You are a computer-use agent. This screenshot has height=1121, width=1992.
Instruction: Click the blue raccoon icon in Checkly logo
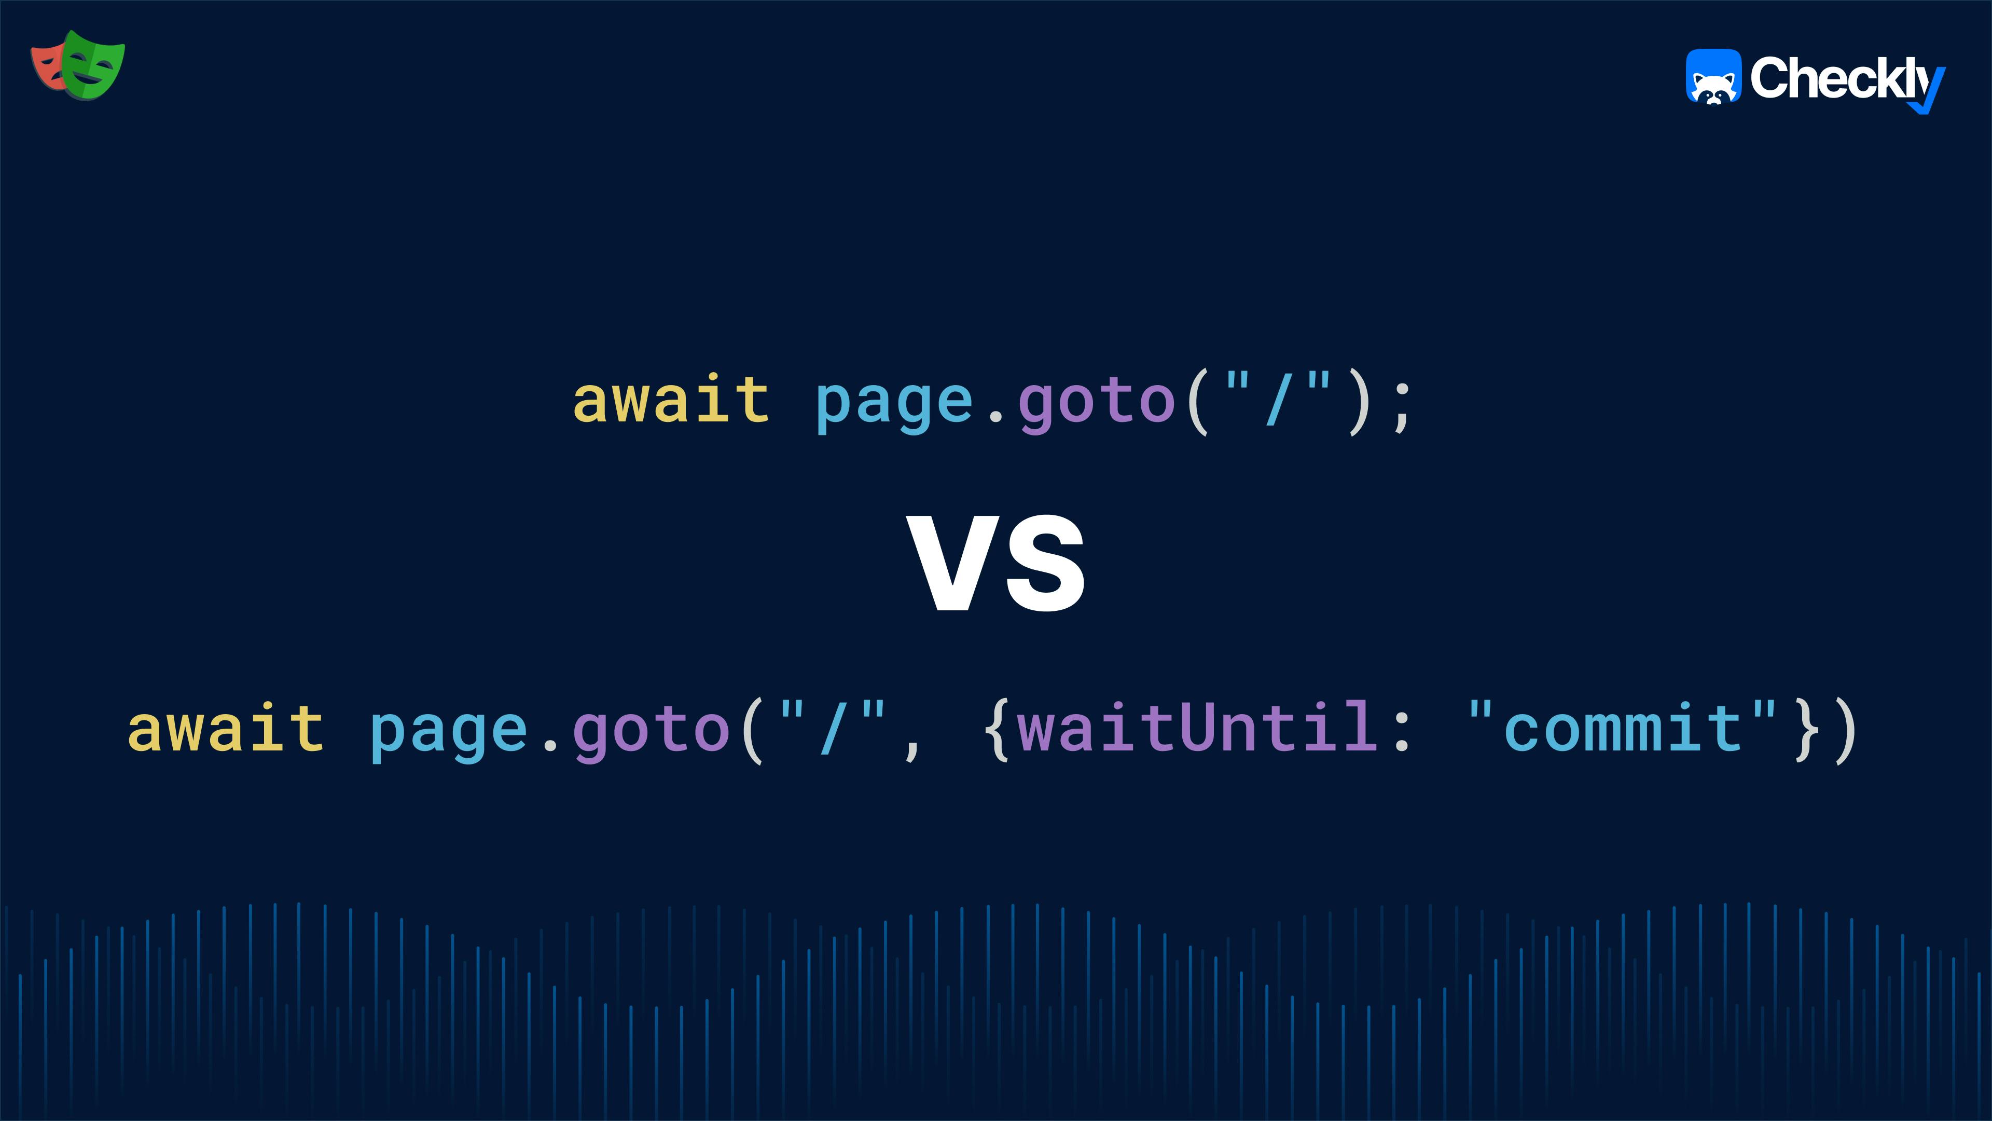pos(1713,77)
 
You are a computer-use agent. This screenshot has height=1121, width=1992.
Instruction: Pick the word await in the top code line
pos(670,400)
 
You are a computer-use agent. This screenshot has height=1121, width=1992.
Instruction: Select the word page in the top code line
pos(894,402)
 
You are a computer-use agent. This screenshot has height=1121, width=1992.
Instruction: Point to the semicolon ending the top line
pos(1401,408)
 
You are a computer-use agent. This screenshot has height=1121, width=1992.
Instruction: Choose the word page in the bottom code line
pos(449,731)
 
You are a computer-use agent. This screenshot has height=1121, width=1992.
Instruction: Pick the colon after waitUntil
pos(1401,731)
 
